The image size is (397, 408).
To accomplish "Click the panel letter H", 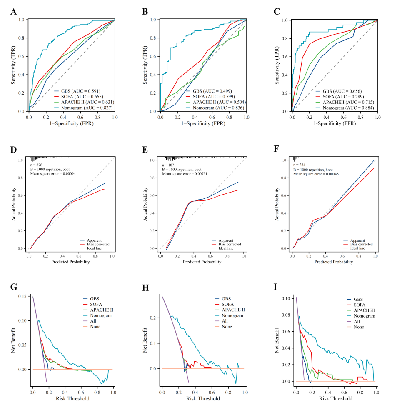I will point(145,288).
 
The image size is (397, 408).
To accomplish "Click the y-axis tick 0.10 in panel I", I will point(286,299).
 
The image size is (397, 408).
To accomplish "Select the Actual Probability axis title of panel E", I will point(146,204).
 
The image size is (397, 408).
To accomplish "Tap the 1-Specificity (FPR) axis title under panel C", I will point(334,123).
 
